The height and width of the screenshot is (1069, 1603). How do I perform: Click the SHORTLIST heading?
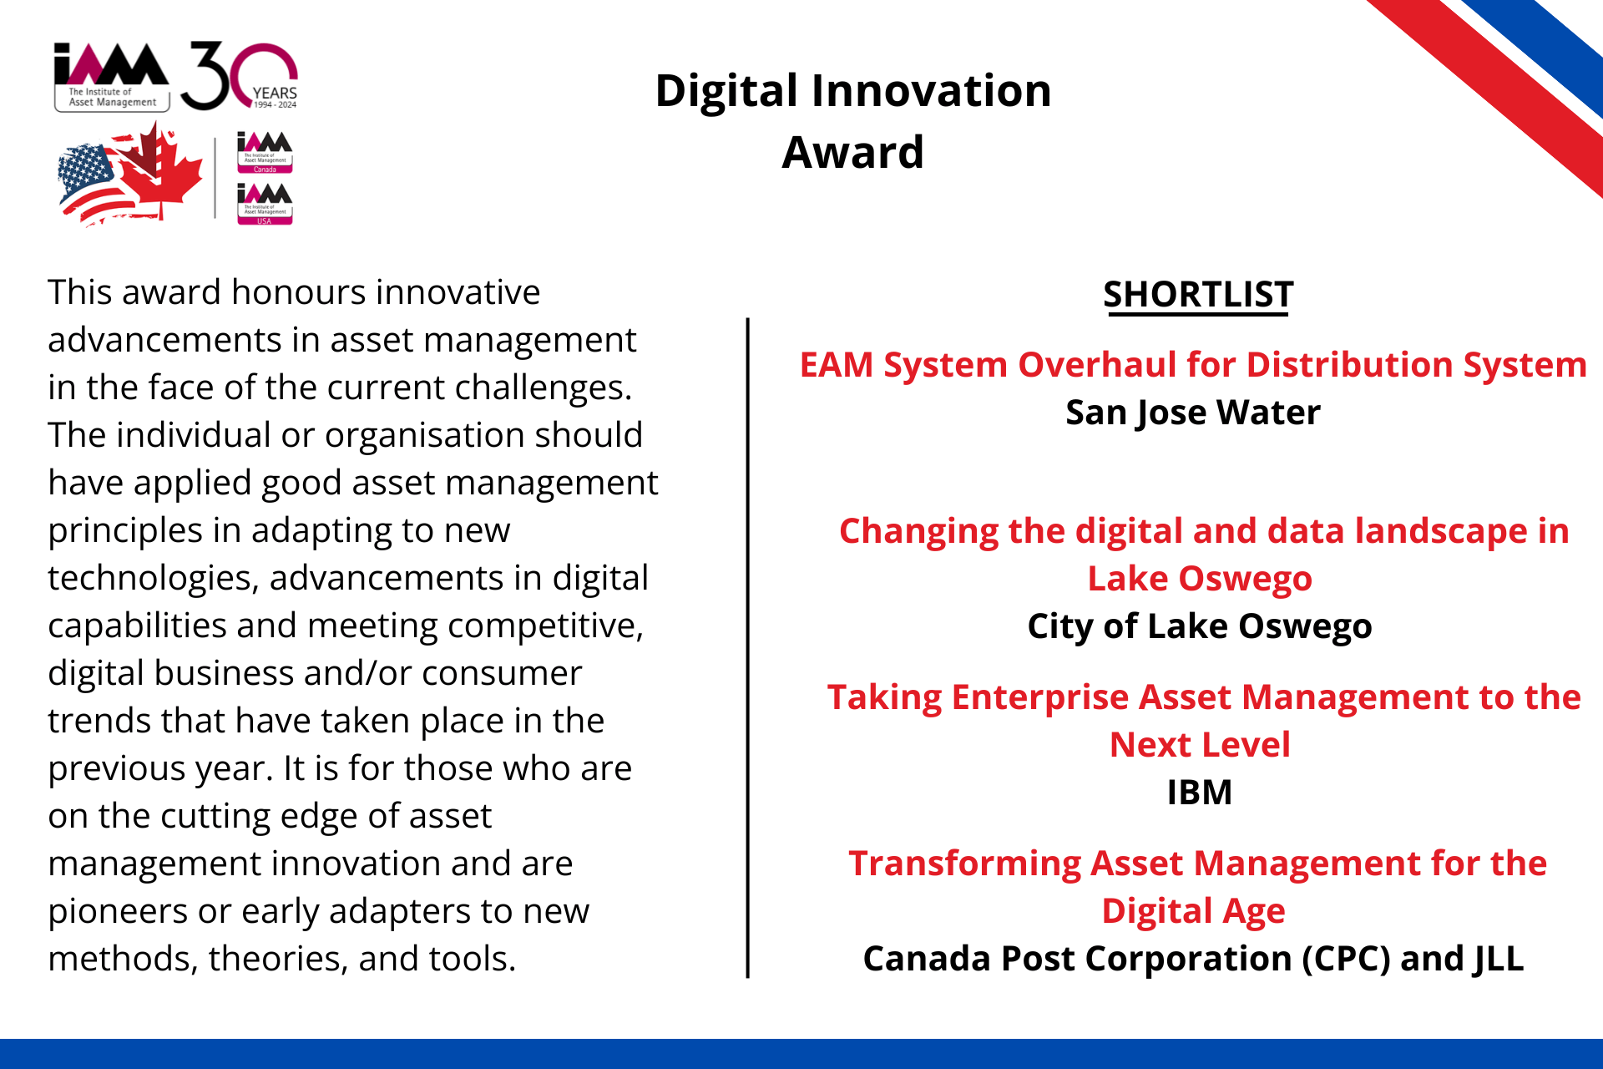(1198, 295)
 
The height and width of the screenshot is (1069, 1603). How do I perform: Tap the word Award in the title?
(852, 152)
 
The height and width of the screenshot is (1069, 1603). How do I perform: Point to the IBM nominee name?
(1199, 792)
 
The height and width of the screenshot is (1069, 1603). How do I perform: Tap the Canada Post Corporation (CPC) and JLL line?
(1193, 959)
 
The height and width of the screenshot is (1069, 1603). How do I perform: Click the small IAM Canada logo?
(265, 152)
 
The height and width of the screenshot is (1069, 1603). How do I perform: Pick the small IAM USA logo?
(265, 204)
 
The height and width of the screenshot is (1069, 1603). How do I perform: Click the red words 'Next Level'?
(1200, 745)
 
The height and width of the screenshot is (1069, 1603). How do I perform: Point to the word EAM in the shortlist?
(837, 365)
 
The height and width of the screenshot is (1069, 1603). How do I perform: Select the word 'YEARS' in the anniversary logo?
(275, 93)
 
